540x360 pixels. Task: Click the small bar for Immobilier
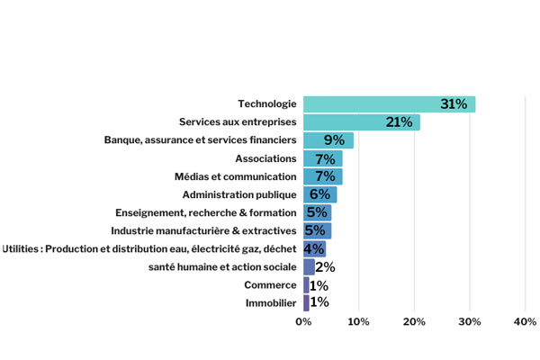306,302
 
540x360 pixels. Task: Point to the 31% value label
454,104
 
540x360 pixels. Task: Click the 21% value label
399,122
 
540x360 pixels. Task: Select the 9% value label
334,140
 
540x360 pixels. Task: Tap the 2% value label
325,266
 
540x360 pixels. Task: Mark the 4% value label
314,248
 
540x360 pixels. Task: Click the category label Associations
265,158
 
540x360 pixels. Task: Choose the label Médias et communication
235,176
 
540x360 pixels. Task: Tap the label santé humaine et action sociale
222,266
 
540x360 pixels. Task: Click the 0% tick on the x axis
303,321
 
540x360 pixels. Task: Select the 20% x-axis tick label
414,321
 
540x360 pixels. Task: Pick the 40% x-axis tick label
525,321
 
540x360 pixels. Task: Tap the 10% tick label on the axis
358,321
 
